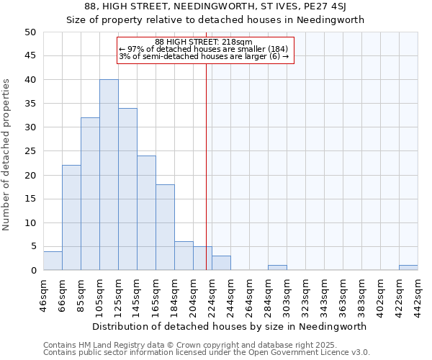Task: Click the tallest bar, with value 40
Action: coord(109,175)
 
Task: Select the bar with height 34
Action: coord(127,189)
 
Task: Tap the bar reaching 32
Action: coord(90,194)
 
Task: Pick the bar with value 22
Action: coord(71,218)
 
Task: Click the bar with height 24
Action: coord(146,213)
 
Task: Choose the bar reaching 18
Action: coord(165,228)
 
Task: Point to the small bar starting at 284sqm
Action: coord(277,268)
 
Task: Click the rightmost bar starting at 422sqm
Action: coord(408,268)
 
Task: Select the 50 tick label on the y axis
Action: coord(30,32)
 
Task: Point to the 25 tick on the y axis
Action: coord(30,151)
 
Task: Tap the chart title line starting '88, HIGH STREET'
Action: coord(215,7)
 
